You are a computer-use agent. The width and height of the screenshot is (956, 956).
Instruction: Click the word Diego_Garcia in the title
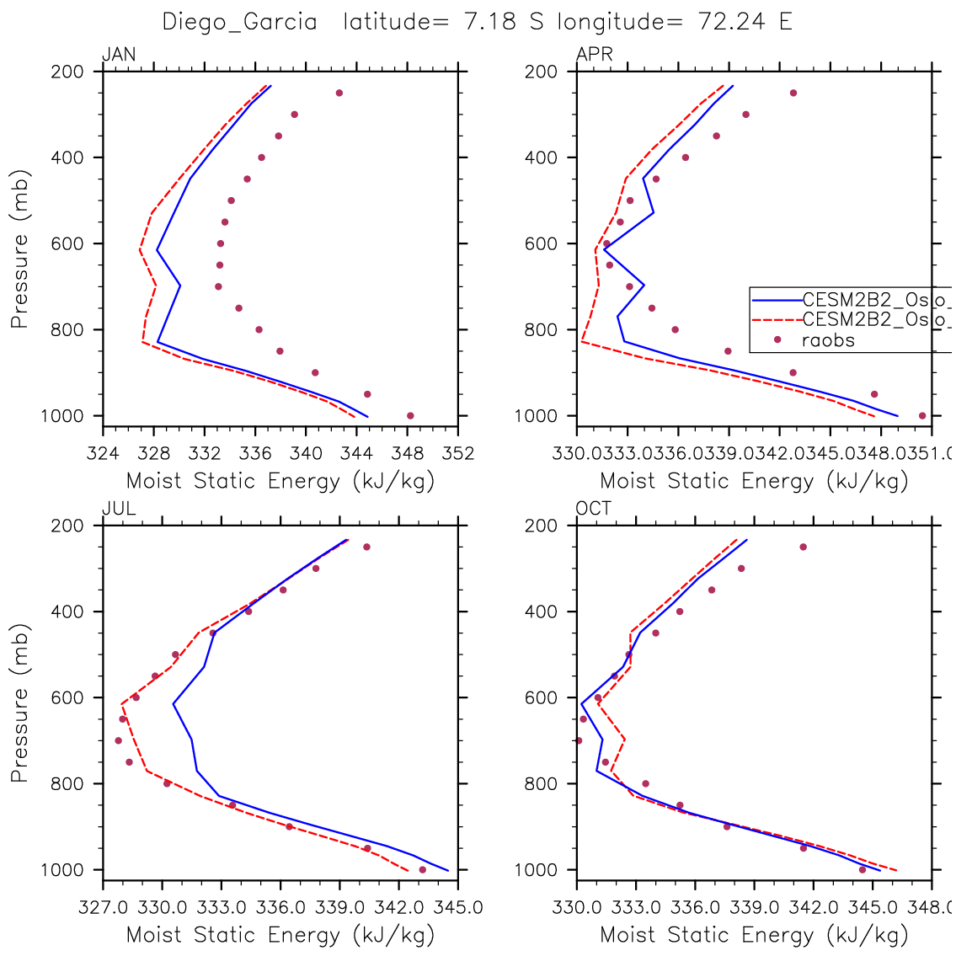(x=239, y=23)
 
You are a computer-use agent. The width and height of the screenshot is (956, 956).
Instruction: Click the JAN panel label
(x=119, y=56)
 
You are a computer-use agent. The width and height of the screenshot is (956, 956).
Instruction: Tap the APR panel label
(x=594, y=56)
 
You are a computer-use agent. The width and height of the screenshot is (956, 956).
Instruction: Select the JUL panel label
(x=119, y=509)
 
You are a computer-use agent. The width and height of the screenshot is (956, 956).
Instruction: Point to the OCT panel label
(x=594, y=509)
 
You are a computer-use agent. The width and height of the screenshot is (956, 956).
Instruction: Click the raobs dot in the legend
(x=777, y=340)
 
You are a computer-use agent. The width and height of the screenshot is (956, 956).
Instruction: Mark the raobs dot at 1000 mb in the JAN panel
(x=410, y=415)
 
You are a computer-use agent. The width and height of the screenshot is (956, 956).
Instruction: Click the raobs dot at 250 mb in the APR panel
(x=793, y=93)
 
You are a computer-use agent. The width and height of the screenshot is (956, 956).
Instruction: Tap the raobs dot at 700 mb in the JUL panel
(x=118, y=740)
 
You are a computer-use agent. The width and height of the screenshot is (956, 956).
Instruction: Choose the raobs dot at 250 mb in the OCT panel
(x=803, y=547)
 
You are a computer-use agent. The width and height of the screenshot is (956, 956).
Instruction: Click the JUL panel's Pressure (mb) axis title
(x=19, y=702)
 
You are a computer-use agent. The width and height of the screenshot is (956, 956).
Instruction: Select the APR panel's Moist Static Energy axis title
(x=754, y=482)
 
